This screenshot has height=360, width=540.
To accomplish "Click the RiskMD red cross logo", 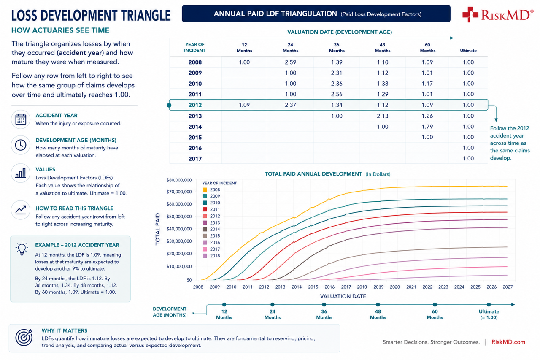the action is pos(470,14).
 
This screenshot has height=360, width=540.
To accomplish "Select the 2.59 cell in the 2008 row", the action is pos(290,62).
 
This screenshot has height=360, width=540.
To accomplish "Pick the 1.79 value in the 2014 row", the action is pos(427,127).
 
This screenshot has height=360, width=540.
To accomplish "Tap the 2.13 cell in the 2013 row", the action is pos(383,116).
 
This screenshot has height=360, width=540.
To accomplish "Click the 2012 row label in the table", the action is pos(195,105).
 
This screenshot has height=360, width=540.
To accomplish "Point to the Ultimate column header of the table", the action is pos(468,51).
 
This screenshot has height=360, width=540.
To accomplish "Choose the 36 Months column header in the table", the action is pos(337,48).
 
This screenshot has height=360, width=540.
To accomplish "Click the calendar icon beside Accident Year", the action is pos(21,119).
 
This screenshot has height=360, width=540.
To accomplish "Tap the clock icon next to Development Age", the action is pos(21,145).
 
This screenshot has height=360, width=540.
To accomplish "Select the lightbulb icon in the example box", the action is pos(22,248).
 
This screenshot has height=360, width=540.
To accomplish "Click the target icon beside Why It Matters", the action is pos(24,337).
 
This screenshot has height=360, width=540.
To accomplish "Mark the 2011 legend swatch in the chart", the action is pos(205,209).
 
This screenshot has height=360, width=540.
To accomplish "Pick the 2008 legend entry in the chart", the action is pos(211,190).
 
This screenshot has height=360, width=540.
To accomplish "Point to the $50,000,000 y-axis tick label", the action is pos(179,217).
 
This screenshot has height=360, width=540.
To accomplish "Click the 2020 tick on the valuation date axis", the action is pos(394,287).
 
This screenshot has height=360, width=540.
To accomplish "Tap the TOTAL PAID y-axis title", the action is pos(158,229).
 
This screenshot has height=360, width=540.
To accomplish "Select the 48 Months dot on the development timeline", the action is pos(378,304).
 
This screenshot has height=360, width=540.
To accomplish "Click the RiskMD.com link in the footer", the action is pos(508,342).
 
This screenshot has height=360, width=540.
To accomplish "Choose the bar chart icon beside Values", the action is pos(21,173).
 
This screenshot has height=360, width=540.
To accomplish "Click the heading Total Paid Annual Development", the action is pos(313,174).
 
